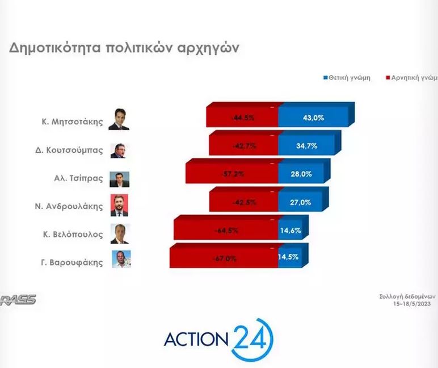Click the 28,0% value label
[302, 174]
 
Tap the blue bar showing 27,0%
[301, 202]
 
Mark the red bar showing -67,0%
[224, 258]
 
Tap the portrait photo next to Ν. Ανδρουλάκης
[120, 205]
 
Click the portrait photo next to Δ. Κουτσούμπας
[120, 150]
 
